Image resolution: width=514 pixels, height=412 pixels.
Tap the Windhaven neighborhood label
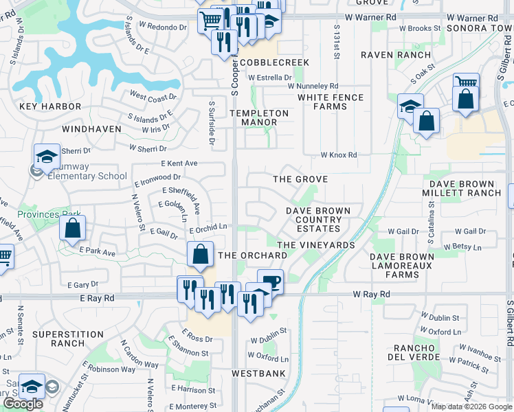(x=91, y=128)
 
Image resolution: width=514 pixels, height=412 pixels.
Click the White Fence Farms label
(x=330, y=102)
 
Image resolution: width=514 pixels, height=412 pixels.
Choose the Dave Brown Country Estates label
(x=318, y=220)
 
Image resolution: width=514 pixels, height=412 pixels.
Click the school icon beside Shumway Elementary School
(x=47, y=157)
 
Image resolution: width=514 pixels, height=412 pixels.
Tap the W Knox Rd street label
(x=339, y=155)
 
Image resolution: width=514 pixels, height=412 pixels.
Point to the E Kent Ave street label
(x=179, y=163)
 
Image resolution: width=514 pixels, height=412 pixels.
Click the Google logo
(x=23, y=404)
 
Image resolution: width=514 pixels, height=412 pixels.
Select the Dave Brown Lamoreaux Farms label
(x=403, y=266)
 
